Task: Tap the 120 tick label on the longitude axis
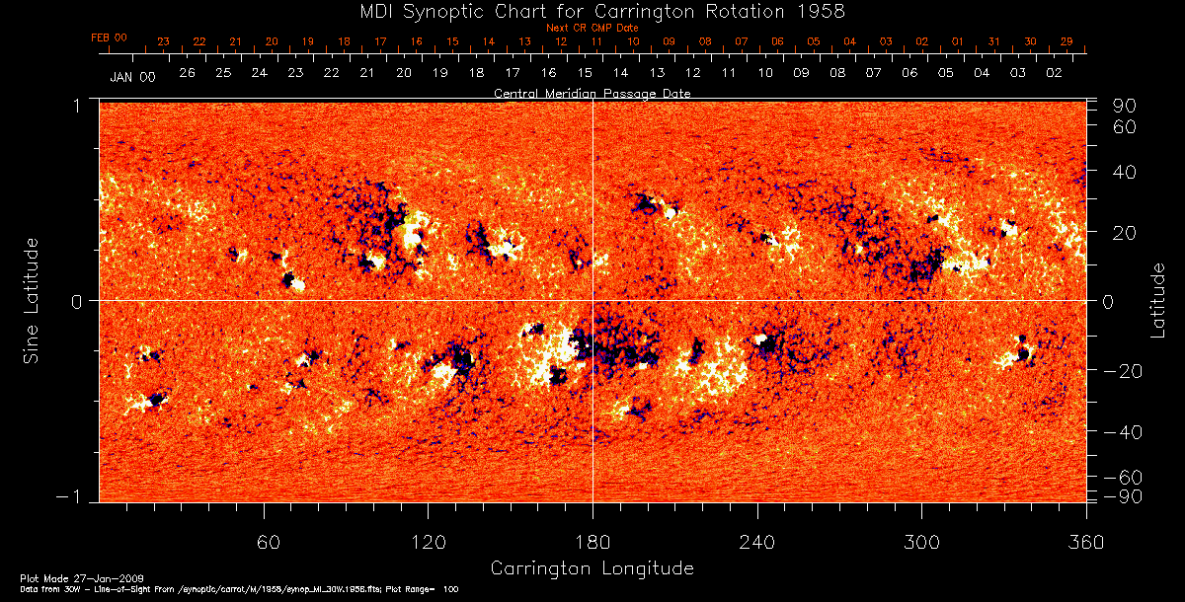pos(429,542)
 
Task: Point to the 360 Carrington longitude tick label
pos(1086,542)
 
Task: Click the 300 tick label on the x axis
pos(921,542)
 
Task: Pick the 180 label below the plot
pos(592,542)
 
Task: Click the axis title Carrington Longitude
pos(592,568)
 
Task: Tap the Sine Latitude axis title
pos(32,300)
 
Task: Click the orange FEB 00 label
pos(110,38)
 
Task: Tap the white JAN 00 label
pos(132,76)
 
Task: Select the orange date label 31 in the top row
pos(993,42)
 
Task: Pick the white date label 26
pos(187,73)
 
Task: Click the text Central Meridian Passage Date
pos(592,93)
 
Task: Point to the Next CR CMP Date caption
pos(592,28)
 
